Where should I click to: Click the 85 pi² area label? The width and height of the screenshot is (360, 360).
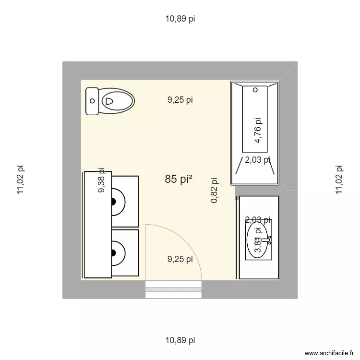pyautogui.click(x=179, y=180)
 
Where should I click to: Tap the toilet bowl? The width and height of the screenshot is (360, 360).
pyautogui.click(x=117, y=101)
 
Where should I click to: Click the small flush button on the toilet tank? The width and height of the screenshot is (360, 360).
pyautogui.click(x=92, y=101)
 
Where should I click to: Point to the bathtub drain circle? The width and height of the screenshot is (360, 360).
pyautogui.click(x=255, y=90)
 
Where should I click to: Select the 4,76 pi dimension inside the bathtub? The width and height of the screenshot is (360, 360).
pyautogui.click(x=258, y=131)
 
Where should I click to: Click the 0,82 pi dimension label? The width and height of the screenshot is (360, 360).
pyautogui.click(x=215, y=191)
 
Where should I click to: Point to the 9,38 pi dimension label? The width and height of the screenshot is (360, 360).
pyautogui.click(x=101, y=180)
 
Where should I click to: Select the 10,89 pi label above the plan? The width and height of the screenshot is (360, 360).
pyautogui.click(x=180, y=19)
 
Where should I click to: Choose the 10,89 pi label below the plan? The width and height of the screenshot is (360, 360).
pyautogui.click(x=180, y=340)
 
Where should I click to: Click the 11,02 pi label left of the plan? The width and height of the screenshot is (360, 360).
pyautogui.click(x=20, y=180)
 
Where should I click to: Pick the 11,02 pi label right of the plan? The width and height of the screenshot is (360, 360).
pyautogui.click(x=339, y=180)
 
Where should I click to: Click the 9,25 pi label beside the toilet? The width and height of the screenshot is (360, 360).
pyautogui.click(x=180, y=100)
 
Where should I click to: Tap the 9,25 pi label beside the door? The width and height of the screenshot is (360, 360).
pyautogui.click(x=180, y=259)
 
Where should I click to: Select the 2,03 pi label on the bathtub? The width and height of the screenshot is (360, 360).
pyautogui.click(x=258, y=160)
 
